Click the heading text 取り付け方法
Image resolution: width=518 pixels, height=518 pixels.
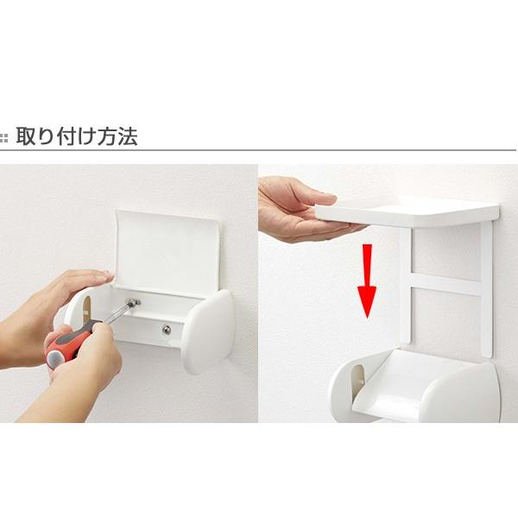click(76, 136)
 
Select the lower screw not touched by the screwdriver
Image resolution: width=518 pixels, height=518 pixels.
click(166, 329)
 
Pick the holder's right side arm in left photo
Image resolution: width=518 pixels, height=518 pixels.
click(208, 330)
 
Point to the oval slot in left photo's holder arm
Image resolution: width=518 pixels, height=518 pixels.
click(85, 306)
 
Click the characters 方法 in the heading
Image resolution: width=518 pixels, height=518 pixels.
click(120, 136)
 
